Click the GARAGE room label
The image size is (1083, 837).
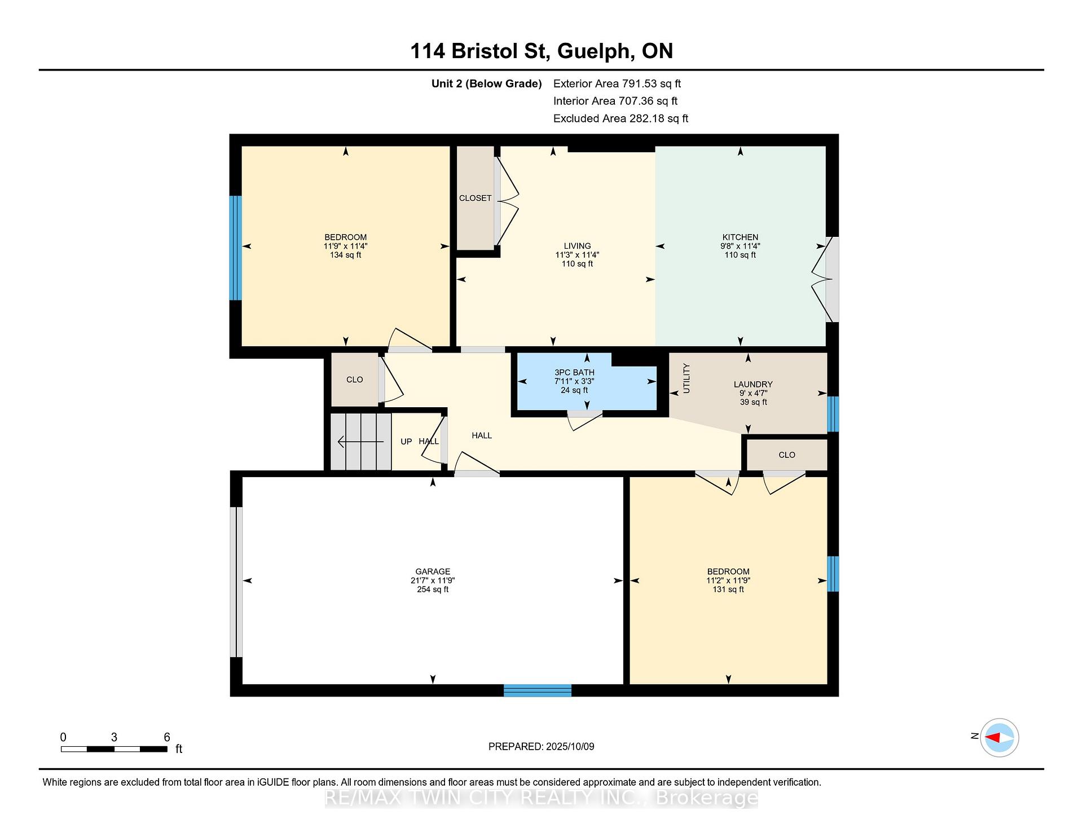click(x=433, y=571)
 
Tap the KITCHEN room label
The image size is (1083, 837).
click(x=740, y=237)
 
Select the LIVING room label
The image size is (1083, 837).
click(x=577, y=246)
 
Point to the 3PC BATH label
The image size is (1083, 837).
click(x=574, y=372)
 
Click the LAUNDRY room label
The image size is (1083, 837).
click(x=753, y=384)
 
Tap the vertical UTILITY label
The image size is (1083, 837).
click(x=686, y=378)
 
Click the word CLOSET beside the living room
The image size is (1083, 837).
click(x=475, y=198)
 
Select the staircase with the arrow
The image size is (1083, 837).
click(x=360, y=442)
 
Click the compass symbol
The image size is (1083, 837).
click(x=999, y=737)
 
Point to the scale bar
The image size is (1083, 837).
click(x=114, y=749)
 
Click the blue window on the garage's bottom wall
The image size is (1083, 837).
click(x=537, y=690)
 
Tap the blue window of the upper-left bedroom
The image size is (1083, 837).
click(x=235, y=248)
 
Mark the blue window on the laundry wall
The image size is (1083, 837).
click(x=833, y=414)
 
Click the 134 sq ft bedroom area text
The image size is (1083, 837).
click(x=345, y=255)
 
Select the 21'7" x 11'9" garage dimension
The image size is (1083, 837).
click(x=433, y=580)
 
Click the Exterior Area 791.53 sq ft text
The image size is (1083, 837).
click(x=617, y=83)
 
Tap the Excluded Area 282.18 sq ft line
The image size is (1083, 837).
click(x=620, y=118)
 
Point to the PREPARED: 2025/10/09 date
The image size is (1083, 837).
click(x=541, y=746)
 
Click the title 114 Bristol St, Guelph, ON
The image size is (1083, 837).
click(x=541, y=51)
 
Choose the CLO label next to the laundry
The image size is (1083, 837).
click(x=787, y=455)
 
